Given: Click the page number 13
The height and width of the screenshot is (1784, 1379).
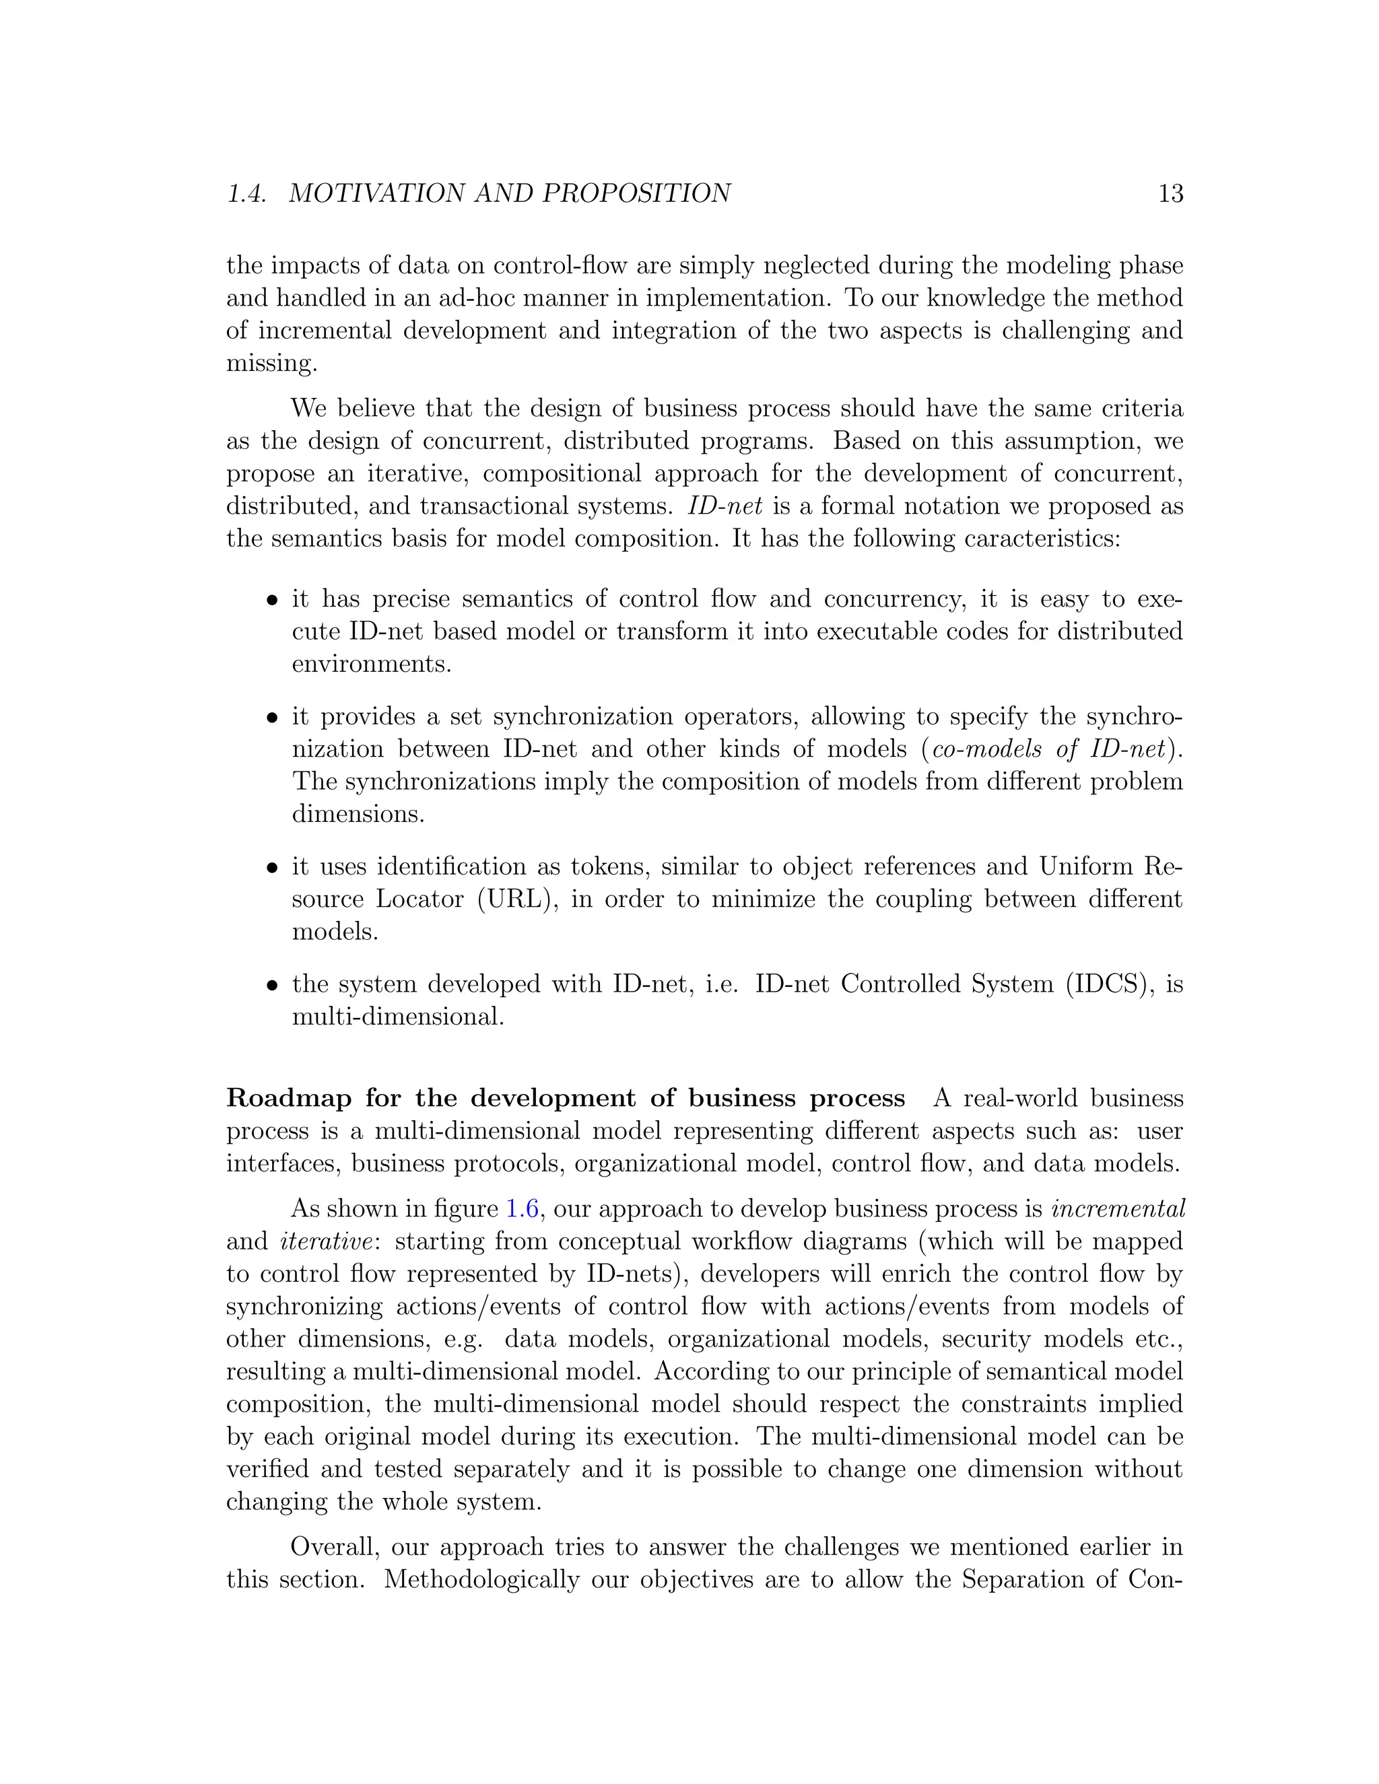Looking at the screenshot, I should click(1170, 194).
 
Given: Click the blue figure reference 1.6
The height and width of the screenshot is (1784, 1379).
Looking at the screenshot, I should click(522, 1209).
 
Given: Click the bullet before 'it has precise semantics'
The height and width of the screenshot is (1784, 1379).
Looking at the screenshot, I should click(272, 601).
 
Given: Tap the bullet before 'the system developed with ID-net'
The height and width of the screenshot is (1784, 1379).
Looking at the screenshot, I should click(272, 985).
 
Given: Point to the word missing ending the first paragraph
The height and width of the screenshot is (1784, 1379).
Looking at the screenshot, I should click(271, 364).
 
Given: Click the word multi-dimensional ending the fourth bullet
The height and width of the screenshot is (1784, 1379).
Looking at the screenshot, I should click(397, 1017).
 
